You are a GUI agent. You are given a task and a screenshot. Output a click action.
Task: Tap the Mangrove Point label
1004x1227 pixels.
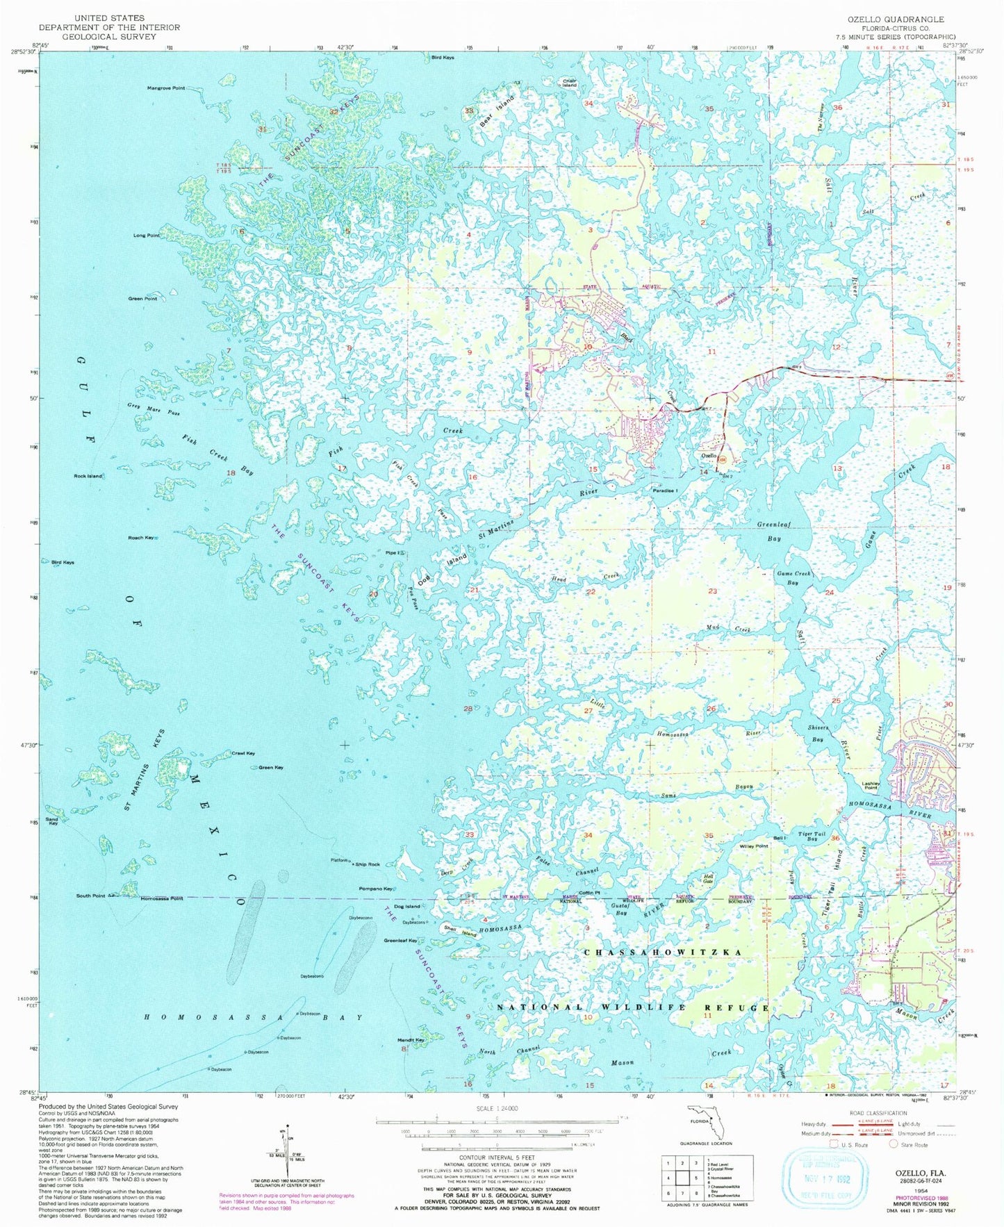(x=165, y=89)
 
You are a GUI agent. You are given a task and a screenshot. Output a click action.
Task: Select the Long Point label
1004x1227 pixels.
(x=146, y=236)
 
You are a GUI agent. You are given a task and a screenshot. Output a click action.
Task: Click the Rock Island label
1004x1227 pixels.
(x=88, y=476)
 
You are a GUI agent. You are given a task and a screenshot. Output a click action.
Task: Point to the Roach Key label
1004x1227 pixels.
(x=140, y=538)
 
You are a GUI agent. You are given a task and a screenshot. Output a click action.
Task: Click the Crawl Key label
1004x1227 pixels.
(x=242, y=753)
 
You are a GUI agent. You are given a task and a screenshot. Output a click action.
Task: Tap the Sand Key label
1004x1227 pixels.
(x=51, y=821)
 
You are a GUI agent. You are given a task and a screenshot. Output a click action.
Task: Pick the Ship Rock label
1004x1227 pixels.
(x=368, y=864)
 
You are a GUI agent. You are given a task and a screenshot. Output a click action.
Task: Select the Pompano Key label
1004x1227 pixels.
(x=376, y=889)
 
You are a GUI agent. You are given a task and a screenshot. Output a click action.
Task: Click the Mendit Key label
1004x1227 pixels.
(x=411, y=1040)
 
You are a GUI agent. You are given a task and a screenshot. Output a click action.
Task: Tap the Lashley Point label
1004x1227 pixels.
(x=871, y=786)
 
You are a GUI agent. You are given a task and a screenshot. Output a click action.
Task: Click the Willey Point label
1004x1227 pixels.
(x=753, y=846)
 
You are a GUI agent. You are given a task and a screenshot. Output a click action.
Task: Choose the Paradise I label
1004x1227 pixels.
(x=665, y=491)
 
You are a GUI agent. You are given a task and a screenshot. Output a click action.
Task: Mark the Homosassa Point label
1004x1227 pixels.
(x=161, y=898)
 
